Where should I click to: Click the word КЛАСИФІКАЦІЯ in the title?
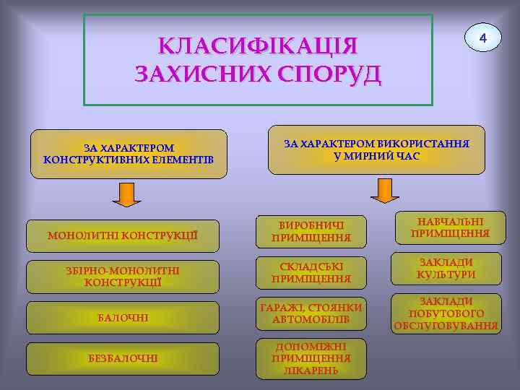[258, 46]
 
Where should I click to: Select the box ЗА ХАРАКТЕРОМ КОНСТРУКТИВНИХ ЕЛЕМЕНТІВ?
[129, 154]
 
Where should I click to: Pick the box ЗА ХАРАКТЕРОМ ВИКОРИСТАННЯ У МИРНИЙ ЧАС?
[376, 149]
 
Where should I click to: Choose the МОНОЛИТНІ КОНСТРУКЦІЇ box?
[123, 235]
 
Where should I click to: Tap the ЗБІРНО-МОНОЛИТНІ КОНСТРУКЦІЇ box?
[123, 276]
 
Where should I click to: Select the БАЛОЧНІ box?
[123, 317]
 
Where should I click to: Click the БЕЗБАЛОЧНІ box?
[123, 358]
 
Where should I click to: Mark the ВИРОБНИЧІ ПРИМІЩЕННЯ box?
[311, 230]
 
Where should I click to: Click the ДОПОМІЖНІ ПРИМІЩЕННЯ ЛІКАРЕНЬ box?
[311, 358]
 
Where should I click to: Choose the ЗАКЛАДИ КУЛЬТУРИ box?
[446, 268]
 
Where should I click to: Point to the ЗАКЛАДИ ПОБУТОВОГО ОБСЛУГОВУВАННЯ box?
[446, 313]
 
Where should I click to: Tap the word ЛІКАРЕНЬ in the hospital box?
[311, 370]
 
